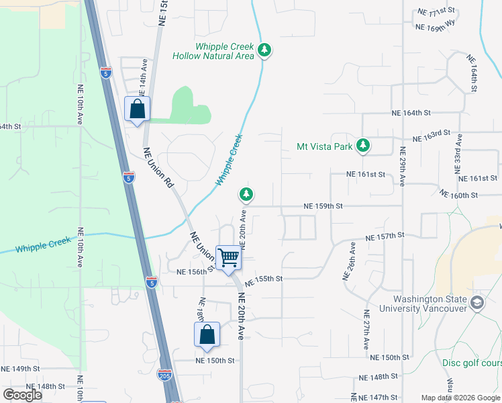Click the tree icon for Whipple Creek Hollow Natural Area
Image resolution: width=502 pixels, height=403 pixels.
[265, 50]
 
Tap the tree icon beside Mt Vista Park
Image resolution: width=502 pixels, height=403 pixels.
[363, 145]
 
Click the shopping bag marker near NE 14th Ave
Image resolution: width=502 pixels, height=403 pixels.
[137, 109]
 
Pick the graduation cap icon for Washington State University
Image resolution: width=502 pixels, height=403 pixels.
[477, 302]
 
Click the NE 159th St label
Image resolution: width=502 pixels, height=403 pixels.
[323, 206]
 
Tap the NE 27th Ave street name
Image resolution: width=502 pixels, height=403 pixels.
[366, 329]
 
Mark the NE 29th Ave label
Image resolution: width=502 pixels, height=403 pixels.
[403, 166]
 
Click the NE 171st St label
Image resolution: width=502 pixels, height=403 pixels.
[436, 12]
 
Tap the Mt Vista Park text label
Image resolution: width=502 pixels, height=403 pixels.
[325, 146]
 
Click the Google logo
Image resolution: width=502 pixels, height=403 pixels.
[23, 395]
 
